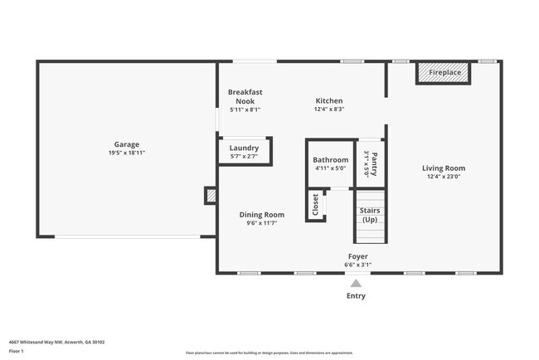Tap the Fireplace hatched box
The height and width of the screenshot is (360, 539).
click(443, 73)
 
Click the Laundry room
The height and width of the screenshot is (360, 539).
click(244, 151)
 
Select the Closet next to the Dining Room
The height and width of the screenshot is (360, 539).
click(315, 205)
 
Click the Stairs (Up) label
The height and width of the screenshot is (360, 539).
click(370, 215)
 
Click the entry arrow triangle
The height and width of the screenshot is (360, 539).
click(356, 283)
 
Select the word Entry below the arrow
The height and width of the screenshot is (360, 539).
click(356, 295)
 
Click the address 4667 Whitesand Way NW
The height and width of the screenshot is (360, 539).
click(56, 342)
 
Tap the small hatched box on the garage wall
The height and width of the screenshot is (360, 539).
click(211, 196)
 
